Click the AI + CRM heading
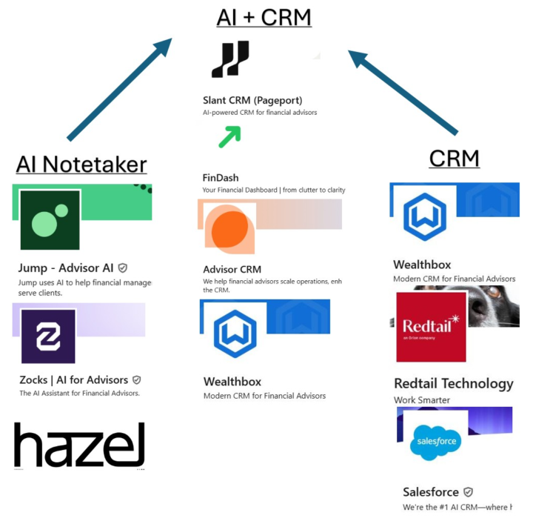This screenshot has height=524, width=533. click(264, 17)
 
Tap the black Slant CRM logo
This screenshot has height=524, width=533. click(230, 59)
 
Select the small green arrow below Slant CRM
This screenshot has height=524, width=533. click(229, 136)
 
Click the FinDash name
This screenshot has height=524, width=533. click(221, 178)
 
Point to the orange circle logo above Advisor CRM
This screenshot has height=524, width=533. click(229, 229)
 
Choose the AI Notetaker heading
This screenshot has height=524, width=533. click(81, 164)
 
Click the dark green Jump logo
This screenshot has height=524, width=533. click(50, 220)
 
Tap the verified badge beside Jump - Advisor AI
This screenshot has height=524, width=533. click(123, 268)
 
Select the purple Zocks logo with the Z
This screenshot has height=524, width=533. click(48, 336)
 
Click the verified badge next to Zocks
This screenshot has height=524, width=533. click(136, 380)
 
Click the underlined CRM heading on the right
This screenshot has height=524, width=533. click(454, 158)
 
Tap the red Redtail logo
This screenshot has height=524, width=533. click(431, 326)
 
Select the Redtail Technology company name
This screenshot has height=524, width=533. click(453, 383)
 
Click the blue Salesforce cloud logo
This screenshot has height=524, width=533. click(435, 442)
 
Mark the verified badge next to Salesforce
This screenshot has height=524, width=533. click(468, 492)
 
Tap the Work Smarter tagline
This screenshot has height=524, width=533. click(421, 400)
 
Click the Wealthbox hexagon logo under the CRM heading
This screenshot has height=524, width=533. click(424, 216)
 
